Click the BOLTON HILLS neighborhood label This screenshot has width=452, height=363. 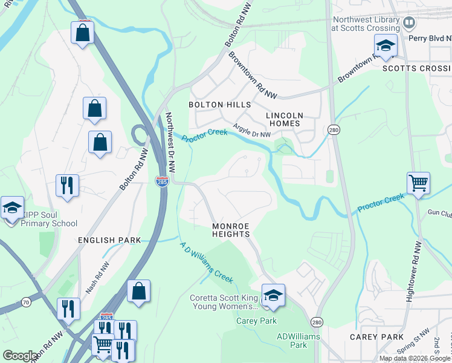click(x=219, y=105)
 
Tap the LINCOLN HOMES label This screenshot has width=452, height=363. click(x=284, y=119)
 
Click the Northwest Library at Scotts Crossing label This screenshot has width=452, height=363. click(x=366, y=24)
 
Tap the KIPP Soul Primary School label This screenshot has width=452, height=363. click(x=50, y=219)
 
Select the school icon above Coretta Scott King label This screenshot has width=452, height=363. click(x=273, y=295)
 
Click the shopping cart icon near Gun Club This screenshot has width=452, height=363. click(x=418, y=183)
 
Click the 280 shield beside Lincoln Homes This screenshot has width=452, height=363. click(x=333, y=130)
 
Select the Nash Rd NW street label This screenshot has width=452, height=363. click(x=98, y=277)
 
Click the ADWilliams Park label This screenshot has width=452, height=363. click(x=291, y=341)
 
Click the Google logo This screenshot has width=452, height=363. click(x=20, y=356)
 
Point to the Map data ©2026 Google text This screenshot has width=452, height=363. click(x=414, y=358)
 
